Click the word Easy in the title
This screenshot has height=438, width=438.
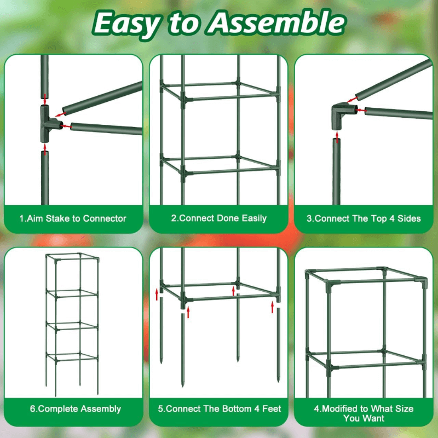point(127,23)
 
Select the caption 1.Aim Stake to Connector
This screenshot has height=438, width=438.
point(73,218)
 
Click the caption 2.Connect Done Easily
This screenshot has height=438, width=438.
point(218,218)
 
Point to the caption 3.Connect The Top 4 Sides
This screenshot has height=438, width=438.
point(364,218)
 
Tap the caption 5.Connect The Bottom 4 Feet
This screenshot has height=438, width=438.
point(218,409)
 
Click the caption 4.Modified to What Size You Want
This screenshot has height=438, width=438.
point(364,413)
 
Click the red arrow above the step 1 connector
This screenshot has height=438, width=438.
point(44,99)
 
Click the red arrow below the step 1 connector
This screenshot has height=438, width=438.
point(44,147)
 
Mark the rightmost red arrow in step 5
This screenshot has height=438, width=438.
point(272,307)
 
